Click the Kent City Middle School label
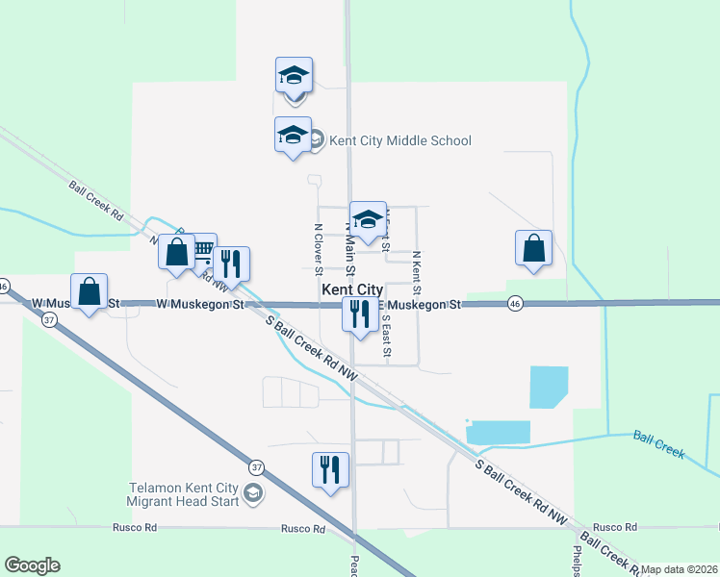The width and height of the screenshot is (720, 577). (400, 141)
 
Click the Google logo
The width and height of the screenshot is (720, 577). (32, 565)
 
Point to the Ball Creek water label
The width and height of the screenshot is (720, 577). (658, 444)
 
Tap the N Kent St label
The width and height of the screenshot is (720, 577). (416, 272)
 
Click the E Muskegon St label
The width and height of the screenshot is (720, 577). (425, 304)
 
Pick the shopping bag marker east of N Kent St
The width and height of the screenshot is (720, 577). (533, 249)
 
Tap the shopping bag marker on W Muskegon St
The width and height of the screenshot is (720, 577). (89, 292)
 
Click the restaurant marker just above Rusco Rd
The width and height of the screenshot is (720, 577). (330, 470)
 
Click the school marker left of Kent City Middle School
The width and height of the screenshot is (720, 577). (293, 136)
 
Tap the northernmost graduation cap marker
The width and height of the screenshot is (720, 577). (295, 77)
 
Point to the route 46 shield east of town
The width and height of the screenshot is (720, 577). (515, 303)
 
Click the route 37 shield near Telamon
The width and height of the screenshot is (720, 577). (256, 468)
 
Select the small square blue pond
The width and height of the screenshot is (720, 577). (548, 387)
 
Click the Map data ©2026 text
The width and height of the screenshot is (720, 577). (680, 569)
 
